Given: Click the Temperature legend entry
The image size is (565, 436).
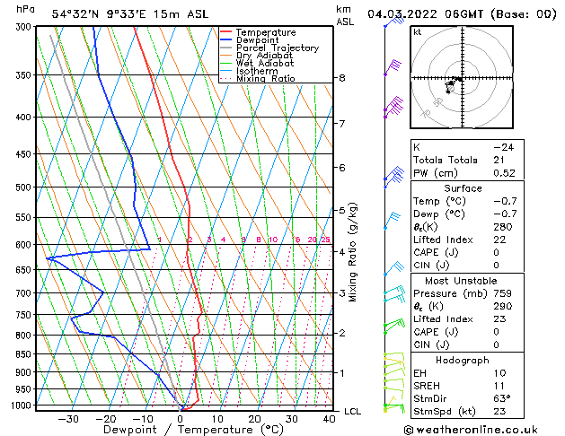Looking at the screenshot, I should pos(265,32).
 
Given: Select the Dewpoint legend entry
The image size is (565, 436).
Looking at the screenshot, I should pos(258,40).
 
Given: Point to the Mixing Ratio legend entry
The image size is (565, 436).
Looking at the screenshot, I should pos(265,79).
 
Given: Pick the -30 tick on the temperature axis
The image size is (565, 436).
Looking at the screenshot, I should pos(68,419).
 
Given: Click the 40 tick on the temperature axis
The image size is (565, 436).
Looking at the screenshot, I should pos(329,419).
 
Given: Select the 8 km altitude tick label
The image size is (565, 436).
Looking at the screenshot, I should pos(342,78).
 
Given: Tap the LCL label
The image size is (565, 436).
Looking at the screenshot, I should pos(352,411).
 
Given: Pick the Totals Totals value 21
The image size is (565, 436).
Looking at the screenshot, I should pos(499,160).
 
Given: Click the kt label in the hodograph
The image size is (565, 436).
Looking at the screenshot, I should pos(418,32).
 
